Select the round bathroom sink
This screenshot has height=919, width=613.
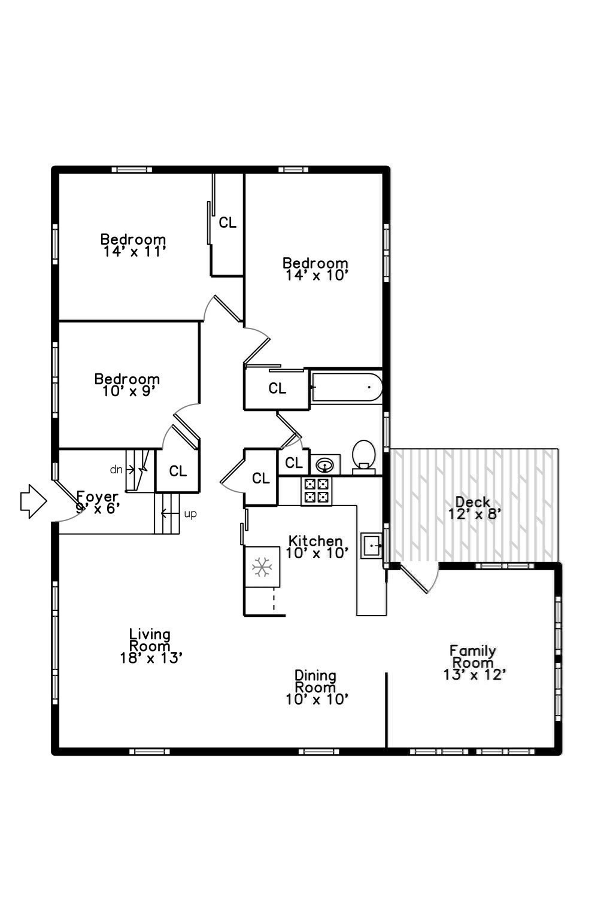click(325, 465)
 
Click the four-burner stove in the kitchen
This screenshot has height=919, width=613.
click(316, 491)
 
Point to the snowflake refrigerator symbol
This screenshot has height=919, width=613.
click(262, 567)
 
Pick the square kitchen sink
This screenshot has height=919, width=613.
click(371, 546)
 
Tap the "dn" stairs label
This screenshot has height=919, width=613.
click(117, 469)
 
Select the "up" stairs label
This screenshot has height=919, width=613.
click(190, 514)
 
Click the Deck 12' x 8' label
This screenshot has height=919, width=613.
click(474, 508)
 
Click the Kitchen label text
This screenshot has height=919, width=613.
click(315, 541)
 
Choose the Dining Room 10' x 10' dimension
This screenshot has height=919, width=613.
click(317, 699)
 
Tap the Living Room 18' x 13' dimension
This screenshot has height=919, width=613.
click(151, 658)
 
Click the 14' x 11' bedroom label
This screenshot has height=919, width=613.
click(134, 251)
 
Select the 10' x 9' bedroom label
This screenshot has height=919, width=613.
click(129, 391)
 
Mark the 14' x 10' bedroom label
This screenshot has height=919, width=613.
click(317, 275)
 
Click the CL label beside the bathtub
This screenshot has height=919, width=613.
click(277, 388)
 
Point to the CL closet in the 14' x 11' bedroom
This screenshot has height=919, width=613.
click(227, 223)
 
